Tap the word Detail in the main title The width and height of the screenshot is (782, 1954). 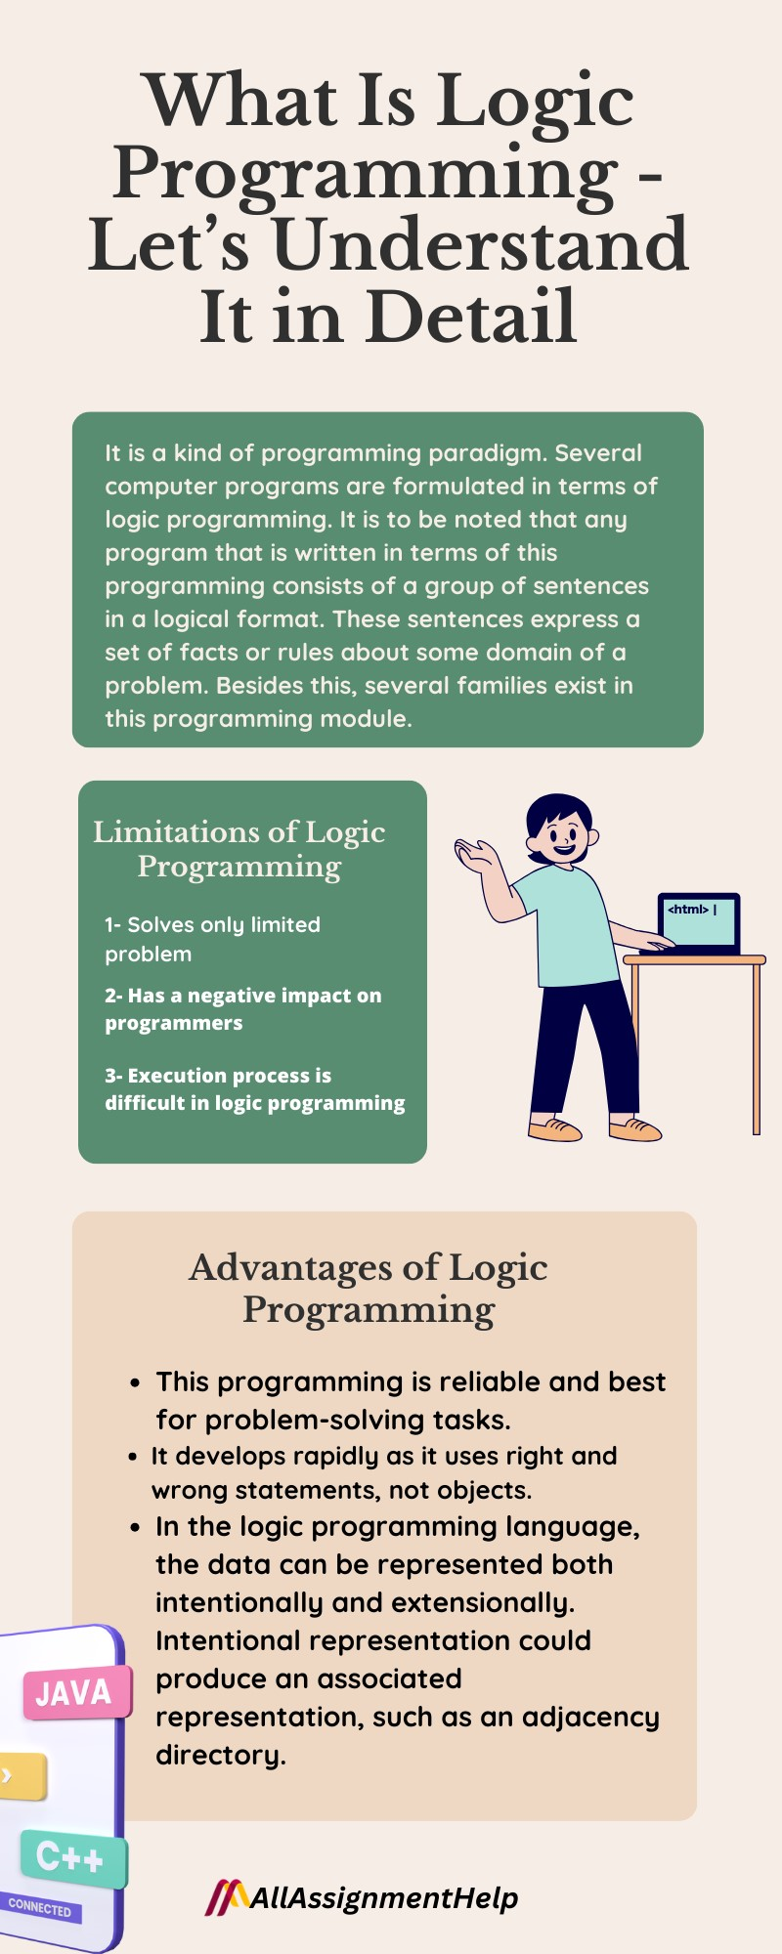click(471, 317)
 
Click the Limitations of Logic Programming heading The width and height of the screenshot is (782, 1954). click(239, 849)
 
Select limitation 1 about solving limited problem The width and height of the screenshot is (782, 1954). click(212, 939)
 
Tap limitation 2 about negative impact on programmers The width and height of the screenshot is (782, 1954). click(243, 1009)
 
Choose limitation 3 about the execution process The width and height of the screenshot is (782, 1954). click(255, 1089)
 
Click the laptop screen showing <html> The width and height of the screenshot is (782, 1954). click(699, 921)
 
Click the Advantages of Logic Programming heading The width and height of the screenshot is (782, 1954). click(369, 1289)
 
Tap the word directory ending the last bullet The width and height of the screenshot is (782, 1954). click(221, 1756)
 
